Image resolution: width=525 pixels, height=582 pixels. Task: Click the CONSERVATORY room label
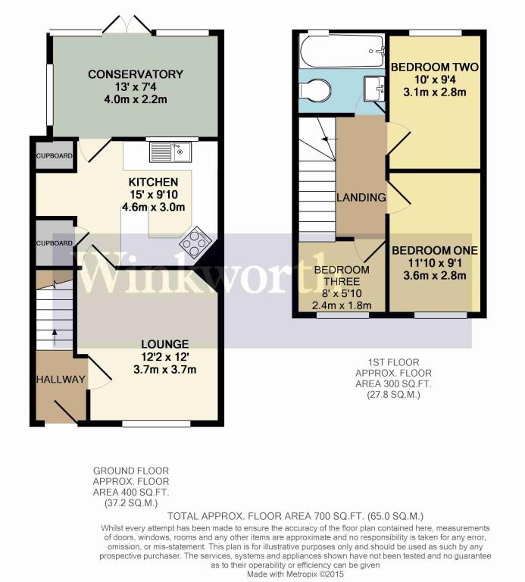pos(136,74)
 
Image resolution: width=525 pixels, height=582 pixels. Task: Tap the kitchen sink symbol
pos(170,152)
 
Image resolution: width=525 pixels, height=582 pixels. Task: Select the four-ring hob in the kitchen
pos(195,242)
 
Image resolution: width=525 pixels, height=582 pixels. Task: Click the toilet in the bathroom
pos(315,90)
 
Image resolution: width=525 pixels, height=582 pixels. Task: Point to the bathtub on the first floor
pos(342,52)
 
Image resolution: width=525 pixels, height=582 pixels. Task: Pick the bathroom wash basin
pos(373,89)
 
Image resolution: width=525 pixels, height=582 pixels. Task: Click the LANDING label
pos(361,198)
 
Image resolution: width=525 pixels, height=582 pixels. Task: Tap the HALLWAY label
pos(61,380)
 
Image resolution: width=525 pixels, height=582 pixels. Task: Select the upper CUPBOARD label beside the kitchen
pos(55,156)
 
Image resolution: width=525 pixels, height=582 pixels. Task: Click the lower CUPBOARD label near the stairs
pos(55,243)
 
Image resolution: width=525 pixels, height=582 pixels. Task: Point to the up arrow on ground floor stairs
pos(55,337)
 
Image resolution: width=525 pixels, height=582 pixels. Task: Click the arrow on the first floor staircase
pos(330,139)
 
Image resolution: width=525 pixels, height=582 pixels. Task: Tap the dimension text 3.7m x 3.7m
pos(164,369)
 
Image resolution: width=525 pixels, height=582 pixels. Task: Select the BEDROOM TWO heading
pos(435,67)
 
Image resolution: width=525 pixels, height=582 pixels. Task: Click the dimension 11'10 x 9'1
pos(435,263)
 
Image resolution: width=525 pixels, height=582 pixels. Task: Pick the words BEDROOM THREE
pos(342,275)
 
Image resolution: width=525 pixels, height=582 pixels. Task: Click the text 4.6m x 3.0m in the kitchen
pos(154,207)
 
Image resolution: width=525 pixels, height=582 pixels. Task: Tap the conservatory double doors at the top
pos(127,24)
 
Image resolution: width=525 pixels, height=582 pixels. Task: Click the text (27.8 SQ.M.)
pos(393,395)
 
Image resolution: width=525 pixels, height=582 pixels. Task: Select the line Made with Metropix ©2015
pos(295,574)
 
